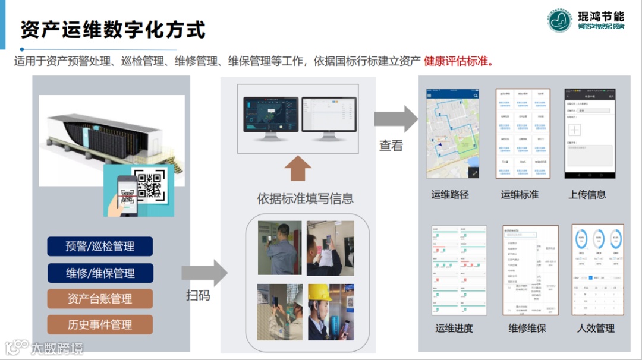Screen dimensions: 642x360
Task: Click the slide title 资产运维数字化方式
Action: click(113, 30)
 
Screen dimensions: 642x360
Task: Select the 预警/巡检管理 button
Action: click(100, 247)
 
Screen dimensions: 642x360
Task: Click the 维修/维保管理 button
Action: click(100, 273)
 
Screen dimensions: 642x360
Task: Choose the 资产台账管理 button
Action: click(100, 299)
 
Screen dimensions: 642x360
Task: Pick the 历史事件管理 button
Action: click(100, 325)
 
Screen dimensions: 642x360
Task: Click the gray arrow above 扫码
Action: click(204, 273)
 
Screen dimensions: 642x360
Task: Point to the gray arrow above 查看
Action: click(396, 119)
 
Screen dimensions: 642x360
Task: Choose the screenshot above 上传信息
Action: click(589, 134)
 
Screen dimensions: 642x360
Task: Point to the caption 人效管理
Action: click(596, 328)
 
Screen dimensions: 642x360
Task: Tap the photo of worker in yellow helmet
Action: click(331, 312)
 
